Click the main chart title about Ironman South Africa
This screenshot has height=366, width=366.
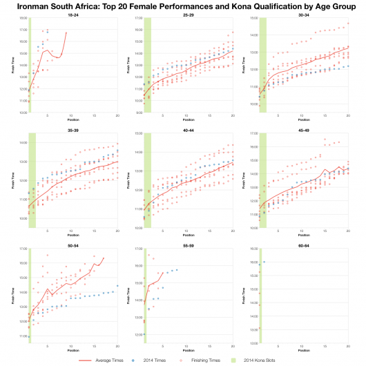pos(183,6)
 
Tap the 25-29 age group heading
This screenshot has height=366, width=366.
pos(189,15)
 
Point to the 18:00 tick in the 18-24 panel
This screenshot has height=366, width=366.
pos(23,19)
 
